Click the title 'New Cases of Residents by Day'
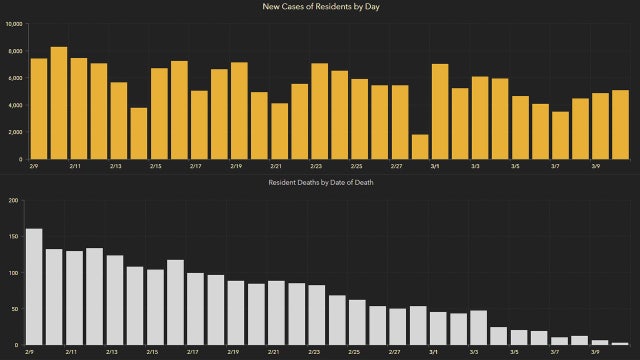pos(319,8)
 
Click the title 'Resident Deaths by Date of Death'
pos(319,183)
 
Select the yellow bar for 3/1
pos(440,111)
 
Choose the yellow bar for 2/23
pos(320,111)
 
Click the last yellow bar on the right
pos(621,124)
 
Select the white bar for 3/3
pos(478,327)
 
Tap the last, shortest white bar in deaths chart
pos(620,343)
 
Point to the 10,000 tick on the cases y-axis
pos(14,24)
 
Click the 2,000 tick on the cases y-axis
pos(16,132)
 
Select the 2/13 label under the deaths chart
pos(115,353)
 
